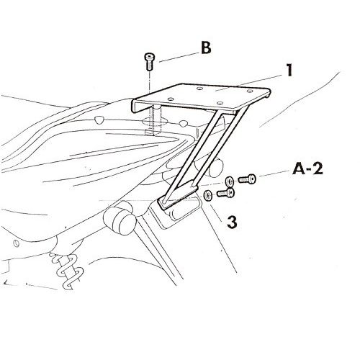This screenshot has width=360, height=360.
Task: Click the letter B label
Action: [206, 48]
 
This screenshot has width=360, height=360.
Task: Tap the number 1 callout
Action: [289, 71]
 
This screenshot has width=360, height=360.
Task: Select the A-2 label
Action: [307, 169]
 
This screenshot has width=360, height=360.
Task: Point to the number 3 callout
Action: [232, 222]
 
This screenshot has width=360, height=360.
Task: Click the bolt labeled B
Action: [149, 61]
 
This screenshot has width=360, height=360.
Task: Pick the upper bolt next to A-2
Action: [247, 179]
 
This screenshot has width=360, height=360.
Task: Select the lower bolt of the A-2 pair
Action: [226, 193]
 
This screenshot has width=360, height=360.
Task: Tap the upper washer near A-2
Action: [229, 181]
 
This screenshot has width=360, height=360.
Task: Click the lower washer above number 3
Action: [207, 195]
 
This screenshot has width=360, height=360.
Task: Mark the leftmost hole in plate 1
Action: [171, 99]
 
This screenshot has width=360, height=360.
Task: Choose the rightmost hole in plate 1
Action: [250, 91]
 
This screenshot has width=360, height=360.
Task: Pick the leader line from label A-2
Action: [274, 174]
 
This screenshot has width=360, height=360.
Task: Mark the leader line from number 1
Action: [248, 83]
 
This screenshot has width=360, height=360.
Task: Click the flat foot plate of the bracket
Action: [178, 196]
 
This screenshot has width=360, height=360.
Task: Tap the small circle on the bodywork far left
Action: [17, 243]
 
